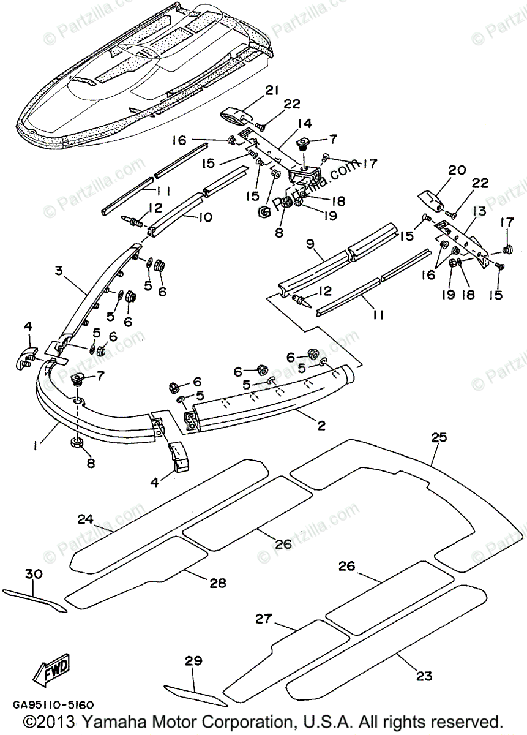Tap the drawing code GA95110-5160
click(x=53, y=704)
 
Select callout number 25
click(x=439, y=437)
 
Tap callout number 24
click(x=86, y=519)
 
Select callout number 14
click(x=305, y=124)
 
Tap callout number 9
click(x=310, y=244)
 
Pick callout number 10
click(x=205, y=217)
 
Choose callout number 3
click(x=59, y=272)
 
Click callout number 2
click(x=322, y=426)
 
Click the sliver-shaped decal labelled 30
click(x=34, y=601)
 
